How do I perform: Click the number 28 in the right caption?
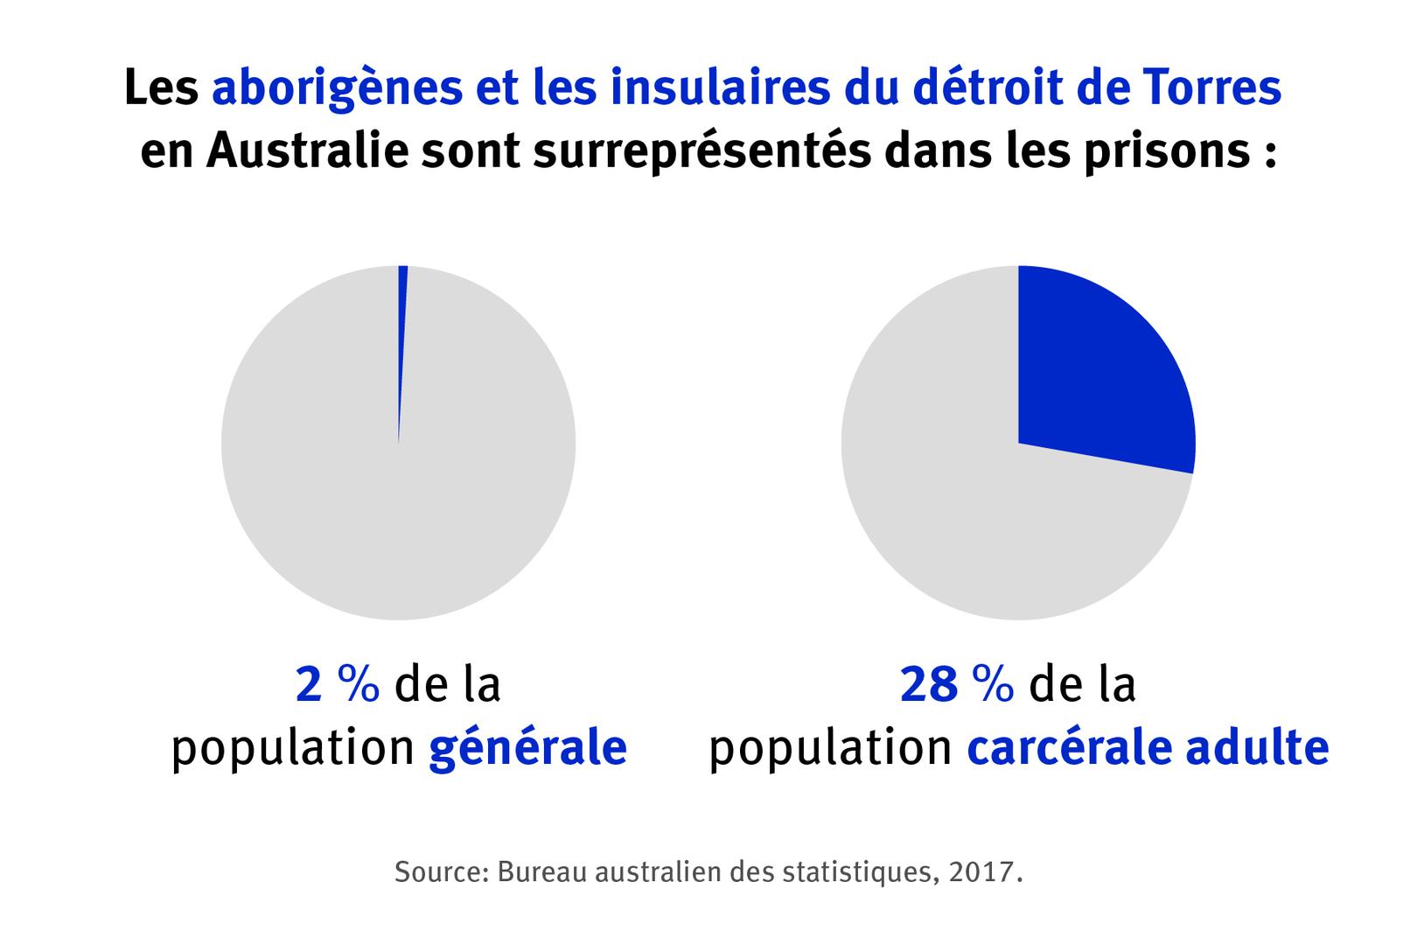pyautogui.click(x=929, y=685)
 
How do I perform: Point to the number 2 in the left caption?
pyautogui.click(x=310, y=685)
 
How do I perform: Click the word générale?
pyautogui.click(x=527, y=750)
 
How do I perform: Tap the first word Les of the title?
pyautogui.click(x=161, y=88)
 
